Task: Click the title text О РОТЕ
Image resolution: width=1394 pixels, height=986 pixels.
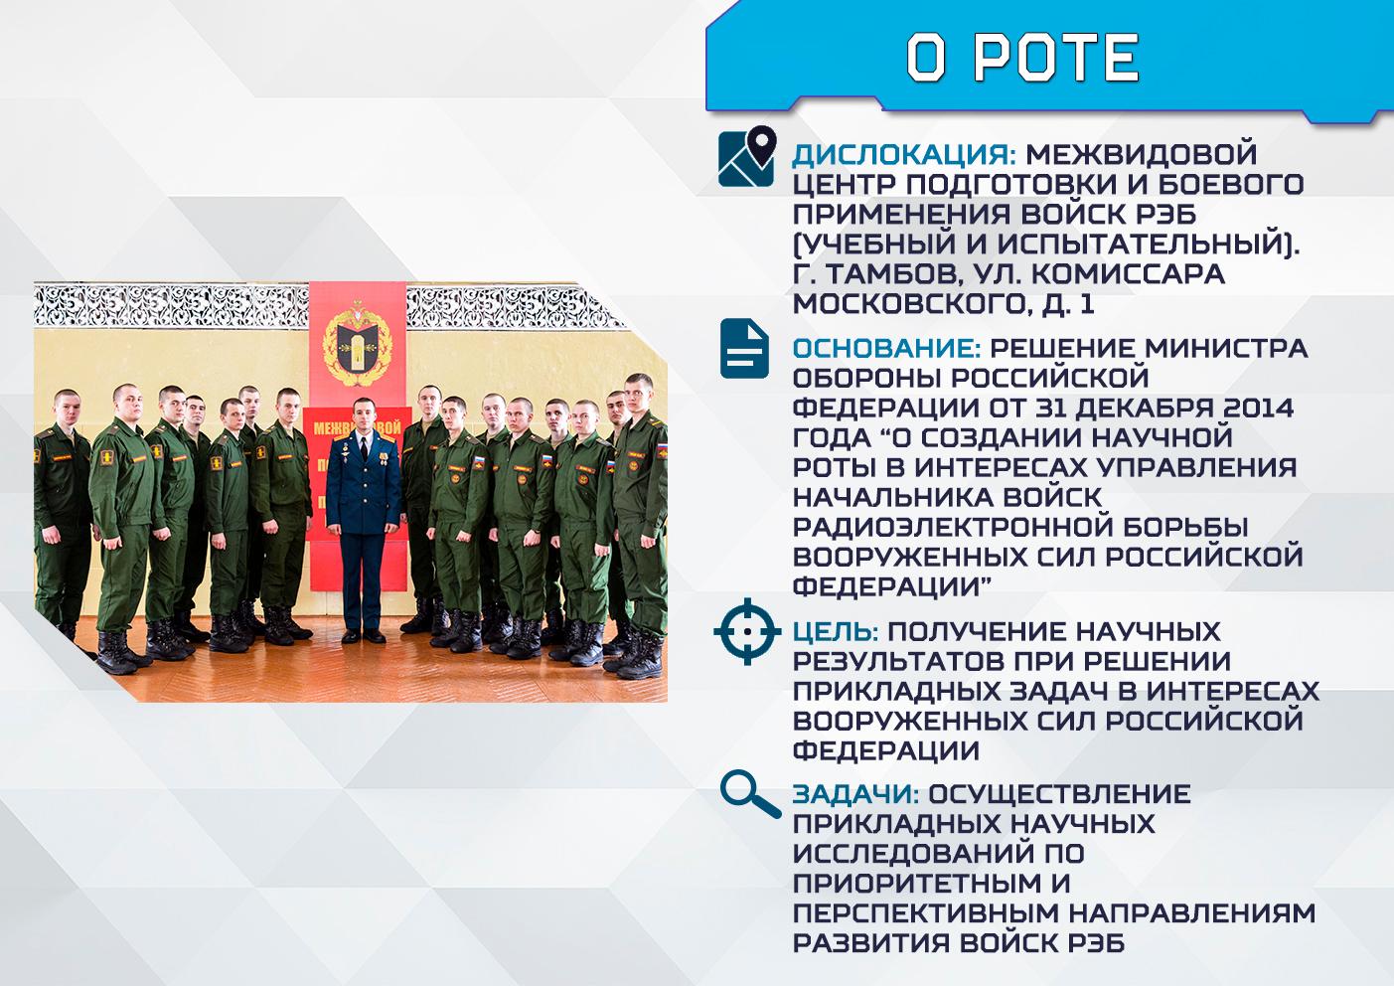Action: tap(1022, 58)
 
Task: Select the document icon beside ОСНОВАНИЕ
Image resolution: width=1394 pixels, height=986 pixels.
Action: tap(745, 348)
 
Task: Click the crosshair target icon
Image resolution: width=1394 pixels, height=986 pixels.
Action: tap(747, 631)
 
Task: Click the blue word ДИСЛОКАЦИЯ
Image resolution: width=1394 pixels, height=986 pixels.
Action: tap(903, 154)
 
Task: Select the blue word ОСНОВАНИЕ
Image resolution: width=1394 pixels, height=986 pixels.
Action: tap(887, 349)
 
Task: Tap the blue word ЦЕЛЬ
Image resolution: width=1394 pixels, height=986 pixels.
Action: tap(836, 632)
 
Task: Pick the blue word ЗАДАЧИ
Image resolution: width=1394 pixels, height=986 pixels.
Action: tap(855, 794)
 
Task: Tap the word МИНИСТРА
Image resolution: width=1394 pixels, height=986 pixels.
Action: tap(1227, 349)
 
